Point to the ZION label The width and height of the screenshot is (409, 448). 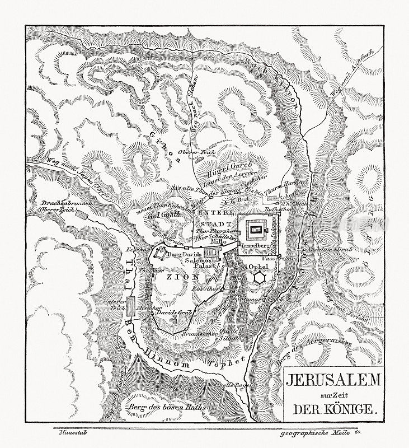tap(172, 275)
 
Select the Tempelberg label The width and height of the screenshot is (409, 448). tap(256, 245)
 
